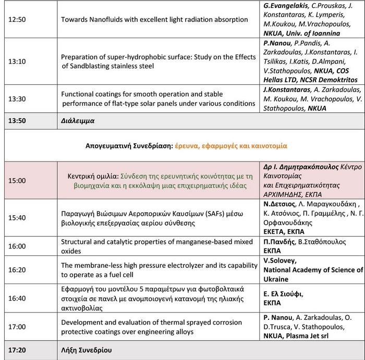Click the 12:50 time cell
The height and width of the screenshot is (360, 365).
pyautogui.click(x=17, y=19)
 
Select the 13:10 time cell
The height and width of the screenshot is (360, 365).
pyautogui.click(x=17, y=61)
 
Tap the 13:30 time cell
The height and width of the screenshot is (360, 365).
pyautogui.click(x=17, y=98)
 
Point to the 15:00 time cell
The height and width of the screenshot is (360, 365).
pyautogui.click(x=17, y=180)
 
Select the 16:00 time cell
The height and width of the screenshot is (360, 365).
pyautogui.click(x=17, y=246)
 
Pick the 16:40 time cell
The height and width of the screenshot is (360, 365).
pyautogui.click(x=17, y=298)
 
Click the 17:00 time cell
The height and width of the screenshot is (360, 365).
pyautogui.click(x=17, y=327)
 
